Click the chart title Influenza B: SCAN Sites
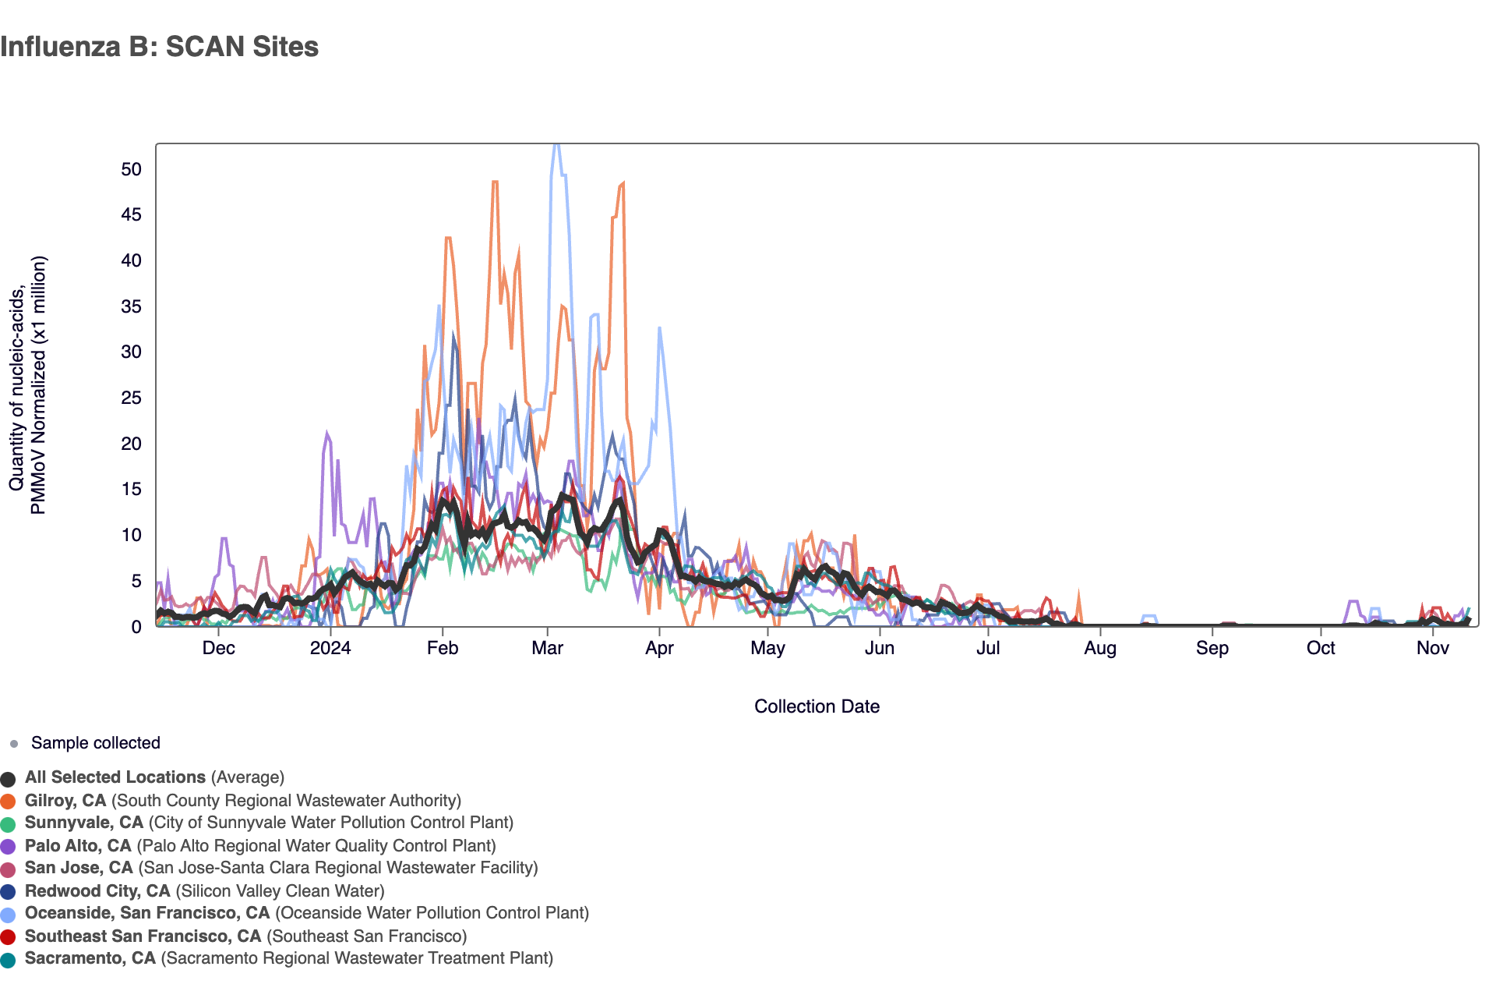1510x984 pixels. click(159, 47)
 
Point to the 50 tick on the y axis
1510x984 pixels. click(131, 170)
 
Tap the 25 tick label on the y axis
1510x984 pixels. click(131, 398)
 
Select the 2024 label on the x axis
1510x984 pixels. click(330, 648)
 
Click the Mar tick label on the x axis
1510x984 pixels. click(547, 648)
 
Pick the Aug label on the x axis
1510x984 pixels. click(1100, 648)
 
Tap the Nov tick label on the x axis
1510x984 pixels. click(1432, 648)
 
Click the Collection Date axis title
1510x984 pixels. click(817, 706)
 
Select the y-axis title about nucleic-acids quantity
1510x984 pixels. click(28, 385)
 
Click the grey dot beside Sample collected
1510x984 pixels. click(13, 744)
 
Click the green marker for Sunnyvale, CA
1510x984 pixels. click(8, 824)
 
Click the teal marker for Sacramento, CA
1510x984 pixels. click(8, 960)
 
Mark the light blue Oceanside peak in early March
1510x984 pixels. click(556, 146)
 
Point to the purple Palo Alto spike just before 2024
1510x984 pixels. click(327, 434)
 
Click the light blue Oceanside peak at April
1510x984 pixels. click(659, 328)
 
